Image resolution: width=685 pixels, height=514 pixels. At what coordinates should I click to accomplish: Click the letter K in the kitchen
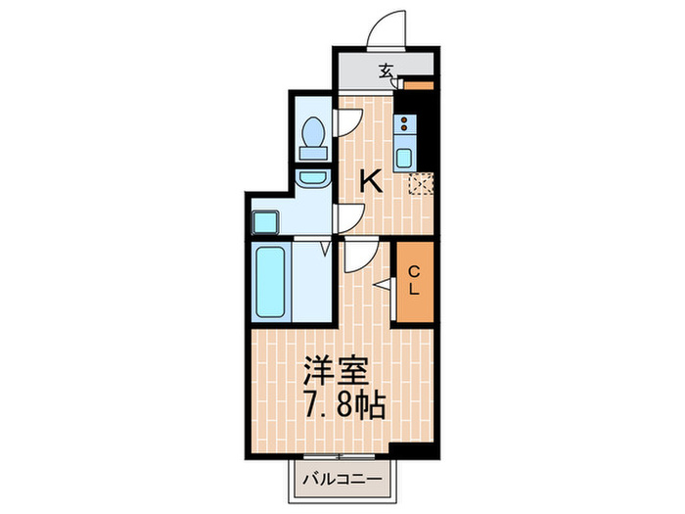(369, 180)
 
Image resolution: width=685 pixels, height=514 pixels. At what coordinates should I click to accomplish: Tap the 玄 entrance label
(387, 70)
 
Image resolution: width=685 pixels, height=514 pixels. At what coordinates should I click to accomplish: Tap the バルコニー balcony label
(343, 480)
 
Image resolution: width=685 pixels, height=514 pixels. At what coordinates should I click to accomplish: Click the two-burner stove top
(404, 125)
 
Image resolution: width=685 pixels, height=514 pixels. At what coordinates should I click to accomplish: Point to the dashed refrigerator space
(422, 182)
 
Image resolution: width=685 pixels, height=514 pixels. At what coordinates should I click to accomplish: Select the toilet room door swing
(348, 123)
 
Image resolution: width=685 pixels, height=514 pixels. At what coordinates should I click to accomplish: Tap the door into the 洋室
(356, 257)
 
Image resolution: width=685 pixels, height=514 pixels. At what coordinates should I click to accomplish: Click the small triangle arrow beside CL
(383, 284)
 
